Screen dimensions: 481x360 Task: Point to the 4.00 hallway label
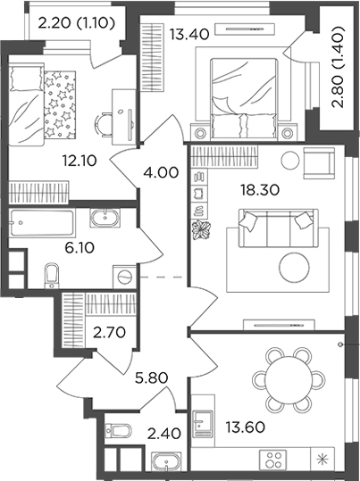(161, 172)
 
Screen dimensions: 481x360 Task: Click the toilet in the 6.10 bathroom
(51, 271)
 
